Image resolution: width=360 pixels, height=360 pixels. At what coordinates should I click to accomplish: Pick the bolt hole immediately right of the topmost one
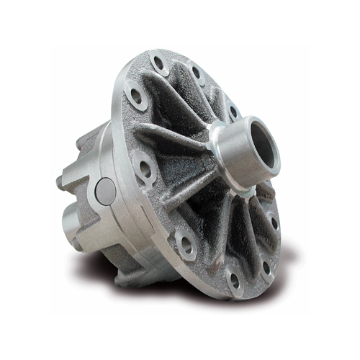coord(195,72)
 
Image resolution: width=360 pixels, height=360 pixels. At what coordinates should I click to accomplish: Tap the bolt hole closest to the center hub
coord(233,111)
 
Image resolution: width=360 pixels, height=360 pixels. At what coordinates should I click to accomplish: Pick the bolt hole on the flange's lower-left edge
coord(186,246)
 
